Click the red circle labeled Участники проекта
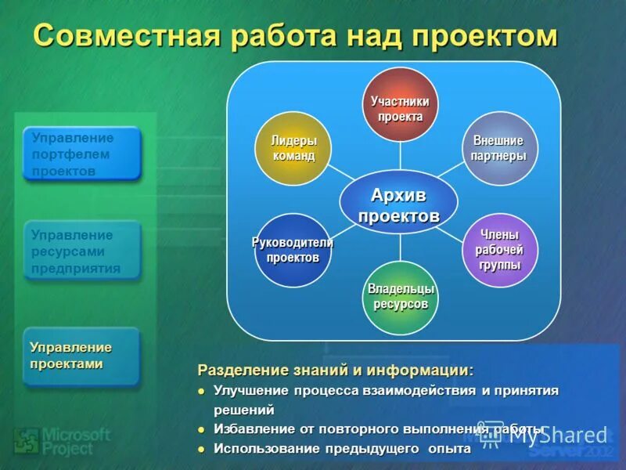pyautogui.click(x=400, y=104)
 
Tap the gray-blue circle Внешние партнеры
pyautogui.click(x=499, y=148)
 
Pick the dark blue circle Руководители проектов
pyautogui.click(x=293, y=250)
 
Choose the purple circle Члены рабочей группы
pyautogui.click(x=499, y=250)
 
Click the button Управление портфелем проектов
pyautogui.click(x=81, y=154)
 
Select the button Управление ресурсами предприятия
pyautogui.click(x=81, y=251)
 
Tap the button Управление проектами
pyautogui.click(x=81, y=356)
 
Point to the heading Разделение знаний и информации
pyautogui.click(x=335, y=369)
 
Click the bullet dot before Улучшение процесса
pyautogui.click(x=201, y=391)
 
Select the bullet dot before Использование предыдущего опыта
pyautogui.click(x=201, y=450)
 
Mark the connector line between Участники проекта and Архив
pyautogui.click(x=400, y=155)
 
